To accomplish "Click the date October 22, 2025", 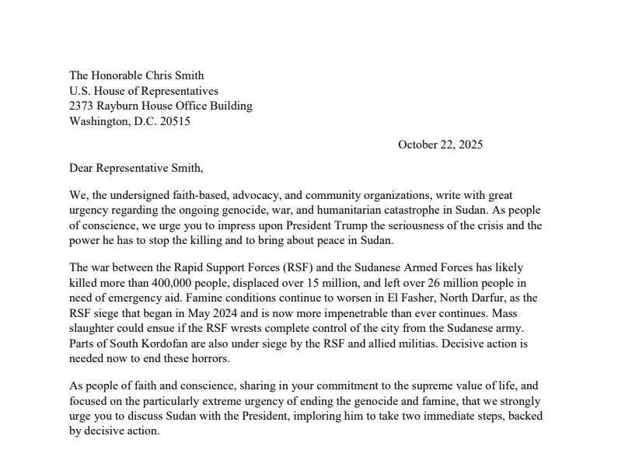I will pos(440,145).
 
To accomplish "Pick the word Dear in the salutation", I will pos(82,167).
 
